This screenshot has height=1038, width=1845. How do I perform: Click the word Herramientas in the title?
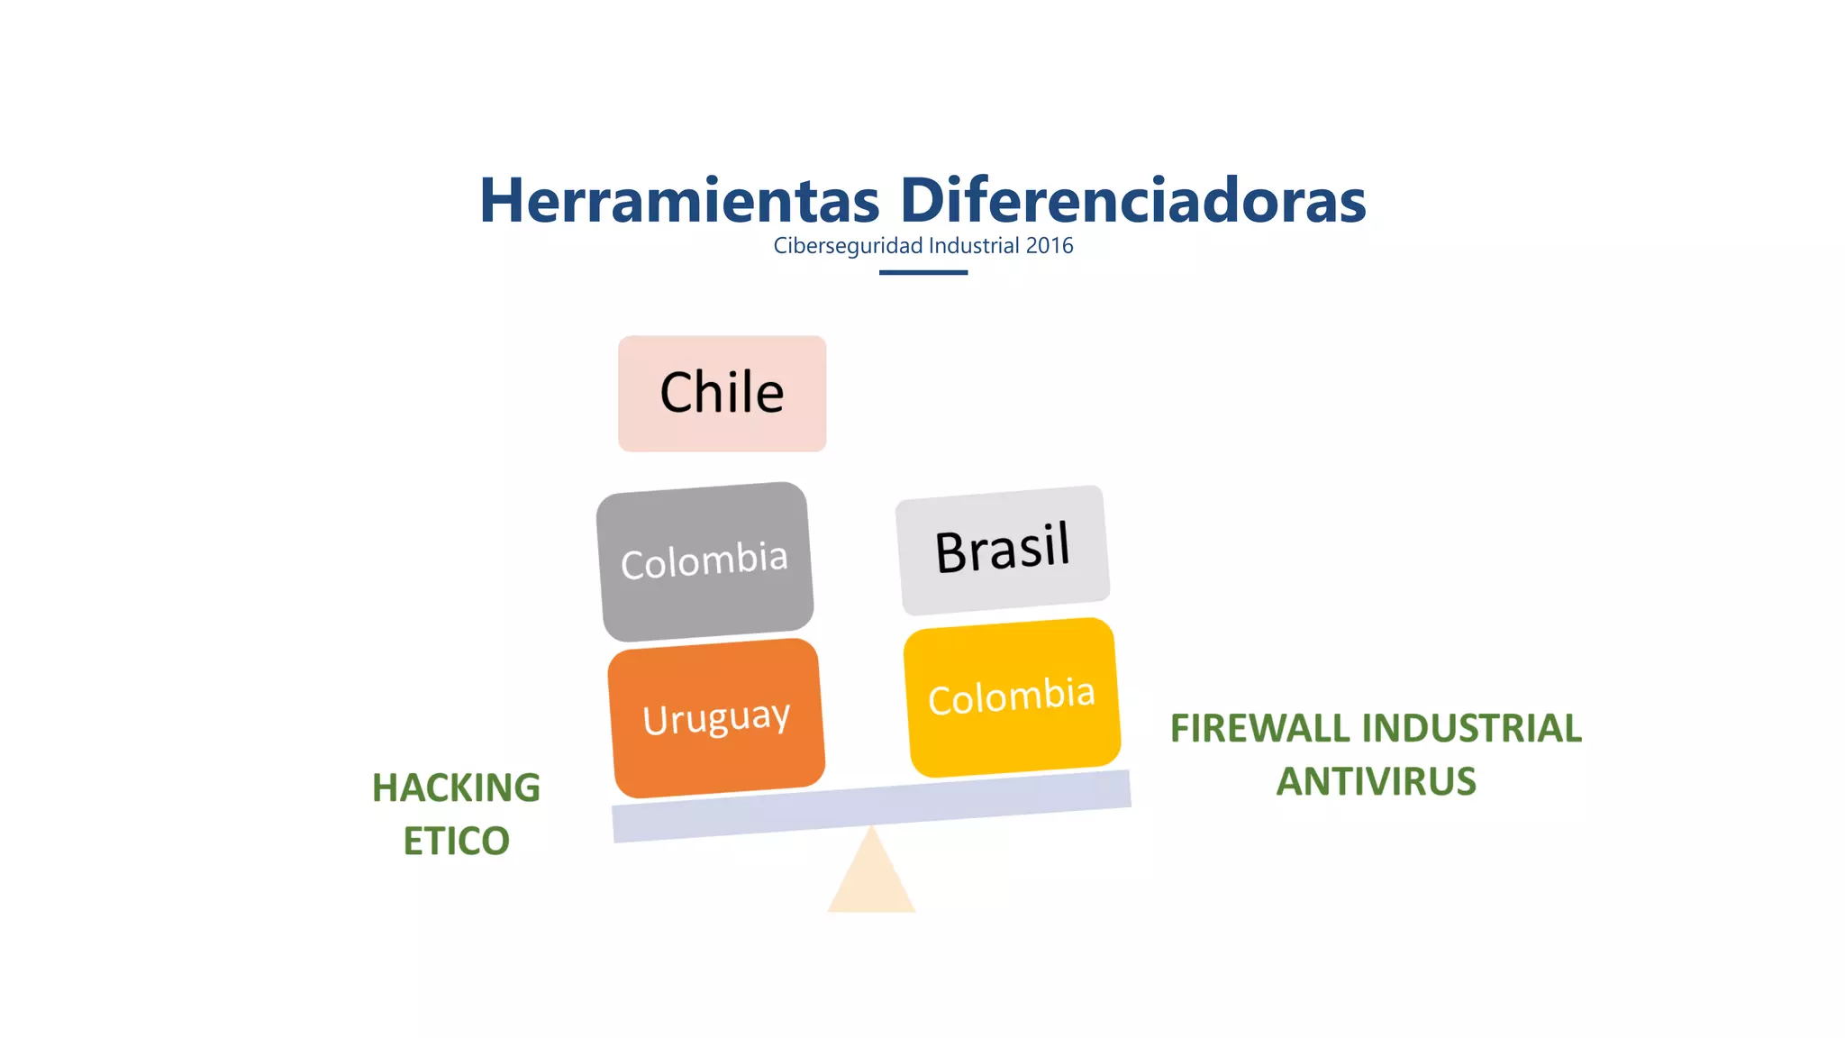[679, 200]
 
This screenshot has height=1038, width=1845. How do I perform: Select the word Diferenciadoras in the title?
[1132, 200]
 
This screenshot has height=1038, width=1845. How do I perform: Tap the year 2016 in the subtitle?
[1050, 246]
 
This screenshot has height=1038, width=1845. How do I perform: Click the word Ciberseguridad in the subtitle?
[848, 246]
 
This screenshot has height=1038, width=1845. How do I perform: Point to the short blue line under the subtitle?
[923, 272]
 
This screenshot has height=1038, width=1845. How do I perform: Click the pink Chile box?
[722, 394]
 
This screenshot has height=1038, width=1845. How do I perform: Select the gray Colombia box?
[704, 561]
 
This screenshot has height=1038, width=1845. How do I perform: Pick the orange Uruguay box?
[716, 718]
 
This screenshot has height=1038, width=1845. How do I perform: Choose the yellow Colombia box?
[1012, 697]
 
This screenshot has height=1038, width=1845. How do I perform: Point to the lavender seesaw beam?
[871, 806]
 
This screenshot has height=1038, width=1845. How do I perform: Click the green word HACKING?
[456, 788]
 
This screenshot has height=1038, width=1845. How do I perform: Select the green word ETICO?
[456, 842]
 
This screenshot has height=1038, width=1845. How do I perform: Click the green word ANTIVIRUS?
[1377, 782]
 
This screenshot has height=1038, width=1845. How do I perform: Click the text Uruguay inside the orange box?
[716, 718]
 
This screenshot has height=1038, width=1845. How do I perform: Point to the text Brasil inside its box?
[1003, 548]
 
